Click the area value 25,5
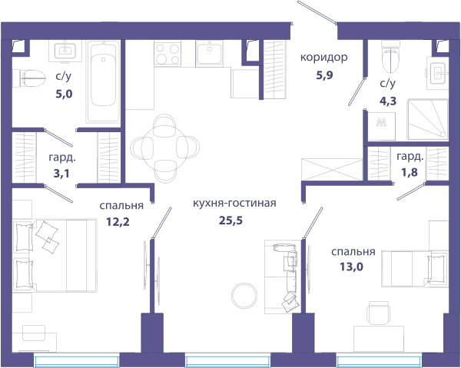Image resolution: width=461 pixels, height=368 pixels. (x=230, y=220)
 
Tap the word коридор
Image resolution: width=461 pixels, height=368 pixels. (x=323, y=58)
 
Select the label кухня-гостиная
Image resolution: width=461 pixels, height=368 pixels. (x=234, y=203)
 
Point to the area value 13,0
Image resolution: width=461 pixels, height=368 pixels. (x=351, y=267)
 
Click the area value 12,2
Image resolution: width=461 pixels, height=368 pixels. (x=118, y=221)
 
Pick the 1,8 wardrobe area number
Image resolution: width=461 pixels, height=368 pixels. (x=410, y=172)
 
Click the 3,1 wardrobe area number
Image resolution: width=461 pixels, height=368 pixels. (x=61, y=174)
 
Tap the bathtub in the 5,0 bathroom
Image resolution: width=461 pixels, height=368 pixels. (x=103, y=81)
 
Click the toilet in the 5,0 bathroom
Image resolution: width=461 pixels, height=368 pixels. (x=29, y=78)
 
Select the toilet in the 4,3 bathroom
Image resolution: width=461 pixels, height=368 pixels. (x=391, y=58)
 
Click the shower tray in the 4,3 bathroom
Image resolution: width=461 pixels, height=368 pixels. (x=427, y=119)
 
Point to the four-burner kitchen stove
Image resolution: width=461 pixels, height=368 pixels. (x=167, y=54)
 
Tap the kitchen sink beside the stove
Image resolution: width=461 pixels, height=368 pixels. (x=210, y=53)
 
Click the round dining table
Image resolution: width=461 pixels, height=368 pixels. (x=164, y=148)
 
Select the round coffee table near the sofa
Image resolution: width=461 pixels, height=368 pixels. (x=244, y=296)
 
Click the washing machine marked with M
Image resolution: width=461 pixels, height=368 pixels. (x=382, y=126)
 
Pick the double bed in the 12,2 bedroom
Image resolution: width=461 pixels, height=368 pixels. (x=55, y=255)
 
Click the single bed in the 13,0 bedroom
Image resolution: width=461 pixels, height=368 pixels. (x=415, y=269)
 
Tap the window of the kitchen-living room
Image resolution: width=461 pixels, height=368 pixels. (x=227, y=361)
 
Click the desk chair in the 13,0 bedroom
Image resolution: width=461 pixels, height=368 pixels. (x=379, y=313)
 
